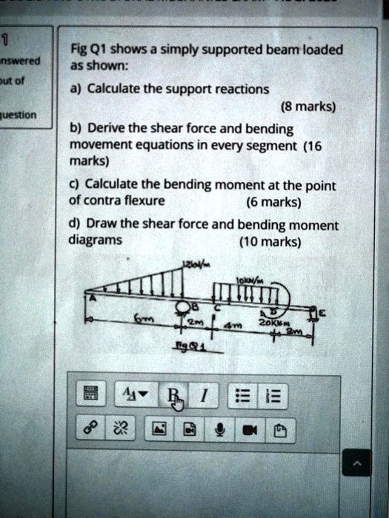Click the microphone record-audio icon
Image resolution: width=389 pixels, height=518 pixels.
(220, 427)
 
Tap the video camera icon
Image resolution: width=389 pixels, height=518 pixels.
(248, 427)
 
